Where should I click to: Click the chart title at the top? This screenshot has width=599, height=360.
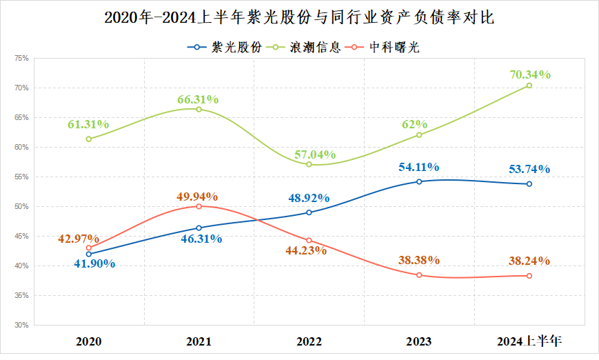(299, 17)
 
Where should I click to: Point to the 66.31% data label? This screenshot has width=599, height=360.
(198, 99)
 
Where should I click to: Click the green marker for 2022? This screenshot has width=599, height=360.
(309, 164)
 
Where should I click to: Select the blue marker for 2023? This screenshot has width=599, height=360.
(419, 181)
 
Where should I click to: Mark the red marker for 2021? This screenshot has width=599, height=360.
(199, 206)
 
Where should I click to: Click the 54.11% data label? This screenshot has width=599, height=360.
(418, 167)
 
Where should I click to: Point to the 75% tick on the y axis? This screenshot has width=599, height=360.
(20, 59)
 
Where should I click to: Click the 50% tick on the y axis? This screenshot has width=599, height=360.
(20, 207)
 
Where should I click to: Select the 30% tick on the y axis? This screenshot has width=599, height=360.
(20, 325)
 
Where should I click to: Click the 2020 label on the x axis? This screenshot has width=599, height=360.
(89, 341)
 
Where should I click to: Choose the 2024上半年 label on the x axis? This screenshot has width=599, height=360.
(529, 341)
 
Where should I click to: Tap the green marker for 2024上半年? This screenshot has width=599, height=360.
(529, 86)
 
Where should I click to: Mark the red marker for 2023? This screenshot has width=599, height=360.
(419, 275)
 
